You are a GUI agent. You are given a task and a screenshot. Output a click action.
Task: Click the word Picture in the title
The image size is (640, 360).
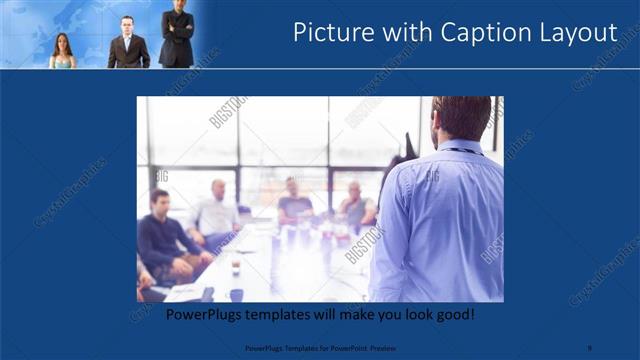[331, 33]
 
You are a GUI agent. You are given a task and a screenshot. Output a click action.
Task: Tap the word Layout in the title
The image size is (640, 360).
[576, 33]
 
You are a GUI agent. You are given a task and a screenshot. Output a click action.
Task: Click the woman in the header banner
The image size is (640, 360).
[62, 51]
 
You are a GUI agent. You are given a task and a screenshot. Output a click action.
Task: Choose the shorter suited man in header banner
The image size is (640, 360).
[128, 42]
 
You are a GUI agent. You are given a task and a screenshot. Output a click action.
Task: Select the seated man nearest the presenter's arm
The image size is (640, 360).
[356, 205]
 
